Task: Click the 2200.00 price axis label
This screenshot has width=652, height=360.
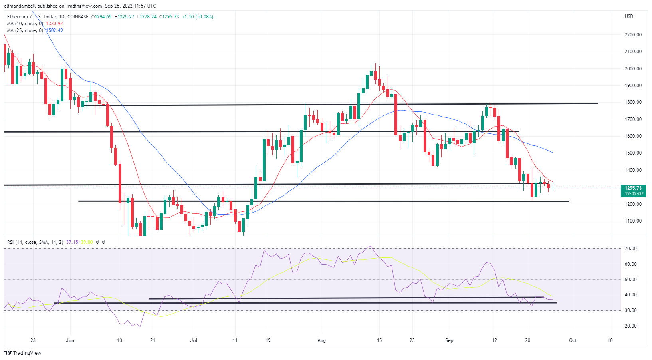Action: (633, 35)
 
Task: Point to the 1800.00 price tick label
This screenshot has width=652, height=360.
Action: (633, 102)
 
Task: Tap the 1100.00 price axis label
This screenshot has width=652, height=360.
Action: (633, 221)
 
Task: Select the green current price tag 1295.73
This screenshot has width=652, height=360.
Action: (633, 188)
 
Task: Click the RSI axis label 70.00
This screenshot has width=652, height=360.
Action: (631, 249)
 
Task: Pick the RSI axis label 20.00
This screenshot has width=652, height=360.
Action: (631, 326)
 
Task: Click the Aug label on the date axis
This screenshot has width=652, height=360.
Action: (321, 340)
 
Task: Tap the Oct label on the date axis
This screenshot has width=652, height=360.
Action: (573, 340)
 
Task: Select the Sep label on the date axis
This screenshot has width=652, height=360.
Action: (449, 340)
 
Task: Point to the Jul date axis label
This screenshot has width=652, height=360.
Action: (194, 340)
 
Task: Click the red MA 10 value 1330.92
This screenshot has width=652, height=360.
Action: (54, 24)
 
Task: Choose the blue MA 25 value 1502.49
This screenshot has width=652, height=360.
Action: (54, 30)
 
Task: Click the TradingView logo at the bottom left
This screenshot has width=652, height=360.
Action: (23, 353)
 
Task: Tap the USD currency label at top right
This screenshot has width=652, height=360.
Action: (629, 16)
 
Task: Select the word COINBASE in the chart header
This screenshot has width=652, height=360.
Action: (78, 17)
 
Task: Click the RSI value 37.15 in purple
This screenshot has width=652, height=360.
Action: (72, 242)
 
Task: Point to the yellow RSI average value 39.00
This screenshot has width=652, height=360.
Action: (87, 242)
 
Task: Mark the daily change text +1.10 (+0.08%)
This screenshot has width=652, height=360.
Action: (197, 17)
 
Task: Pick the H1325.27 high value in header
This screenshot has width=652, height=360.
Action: (124, 17)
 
